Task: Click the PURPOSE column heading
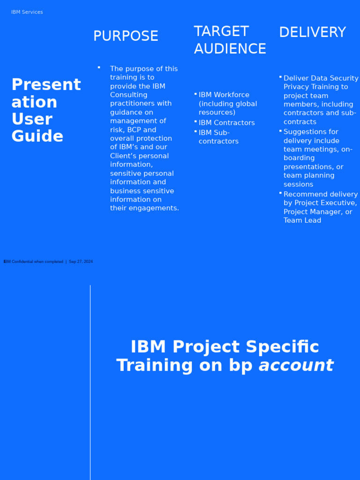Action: click(126, 36)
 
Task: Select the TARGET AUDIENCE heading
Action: click(230, 40)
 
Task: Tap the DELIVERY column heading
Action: click(312, 32)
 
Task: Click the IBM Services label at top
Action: click(27, 12)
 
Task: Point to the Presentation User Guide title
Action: click(46, 111)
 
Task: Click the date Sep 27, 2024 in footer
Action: click(81, 262)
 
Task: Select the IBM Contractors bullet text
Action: click(226, 123)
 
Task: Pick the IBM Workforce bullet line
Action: click(224, 95)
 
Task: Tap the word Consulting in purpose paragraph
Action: click(128, 95)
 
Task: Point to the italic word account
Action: click(296, 365)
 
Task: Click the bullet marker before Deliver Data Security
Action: click(280, 76)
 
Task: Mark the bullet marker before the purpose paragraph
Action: click(99, 67)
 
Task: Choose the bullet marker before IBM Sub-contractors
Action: click(195, 131)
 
